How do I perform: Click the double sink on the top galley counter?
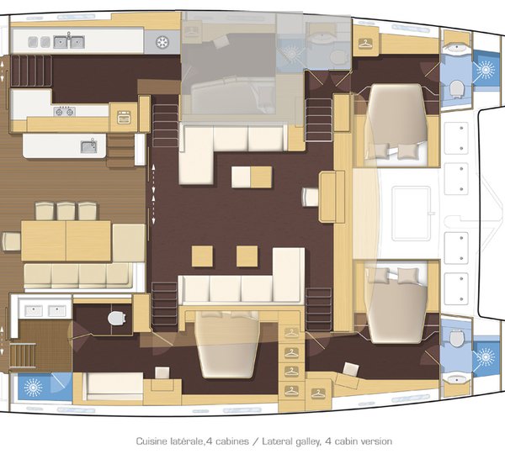(68, 40)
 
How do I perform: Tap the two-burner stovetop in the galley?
(64, 111)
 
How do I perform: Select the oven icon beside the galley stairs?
(124, 117)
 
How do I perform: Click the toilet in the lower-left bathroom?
(117, 317)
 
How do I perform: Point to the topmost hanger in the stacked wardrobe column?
(291, 333)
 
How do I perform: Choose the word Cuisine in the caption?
(154, 441)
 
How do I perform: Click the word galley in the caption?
(306, 441)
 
